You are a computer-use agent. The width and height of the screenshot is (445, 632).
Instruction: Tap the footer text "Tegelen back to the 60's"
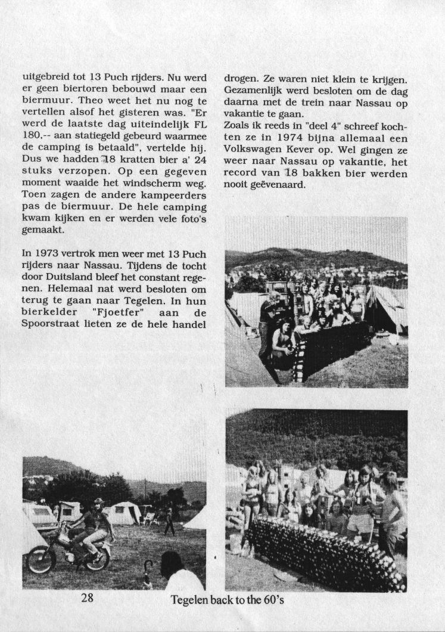(x=227, y=599)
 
